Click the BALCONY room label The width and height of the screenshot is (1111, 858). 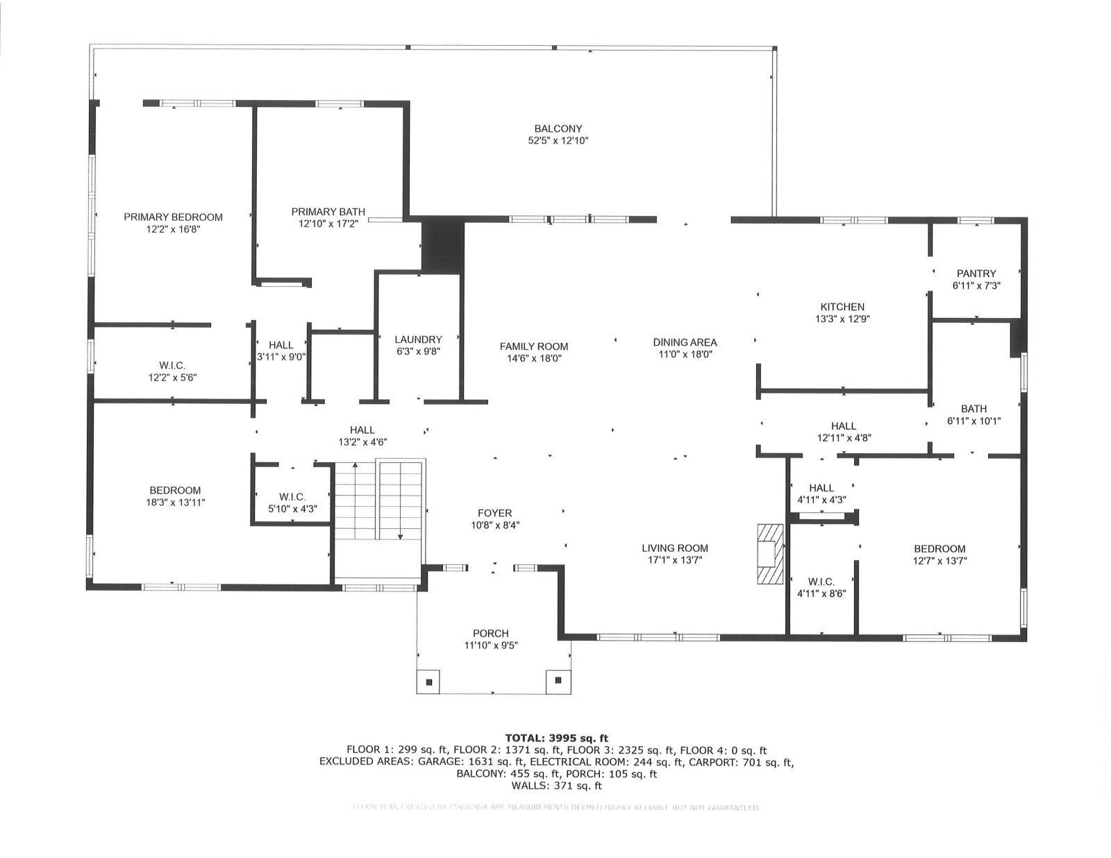tap(558, 128)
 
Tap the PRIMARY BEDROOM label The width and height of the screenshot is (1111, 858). tap(173, 217)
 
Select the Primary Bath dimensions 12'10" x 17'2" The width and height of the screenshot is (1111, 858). tap(328, 224)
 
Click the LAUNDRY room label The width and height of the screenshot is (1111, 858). tap(418, 339)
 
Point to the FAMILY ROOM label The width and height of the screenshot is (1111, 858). tap(533, 346)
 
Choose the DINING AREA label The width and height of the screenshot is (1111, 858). tap(685, 342)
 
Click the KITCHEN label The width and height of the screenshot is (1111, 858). tap(842, 307)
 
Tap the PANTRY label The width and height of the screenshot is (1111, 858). tap(976, 274)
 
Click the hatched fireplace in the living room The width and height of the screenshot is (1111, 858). tap(769, 554)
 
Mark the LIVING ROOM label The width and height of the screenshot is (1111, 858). tap(675, 548)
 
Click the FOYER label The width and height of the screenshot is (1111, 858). tap(495, 514)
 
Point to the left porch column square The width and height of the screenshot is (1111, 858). tap(428, 681)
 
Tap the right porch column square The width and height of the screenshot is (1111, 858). tap(558, 681)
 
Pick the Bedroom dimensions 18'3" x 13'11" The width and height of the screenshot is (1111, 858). tap(174, 502)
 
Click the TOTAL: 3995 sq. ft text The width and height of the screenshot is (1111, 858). tap(556, 738)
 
